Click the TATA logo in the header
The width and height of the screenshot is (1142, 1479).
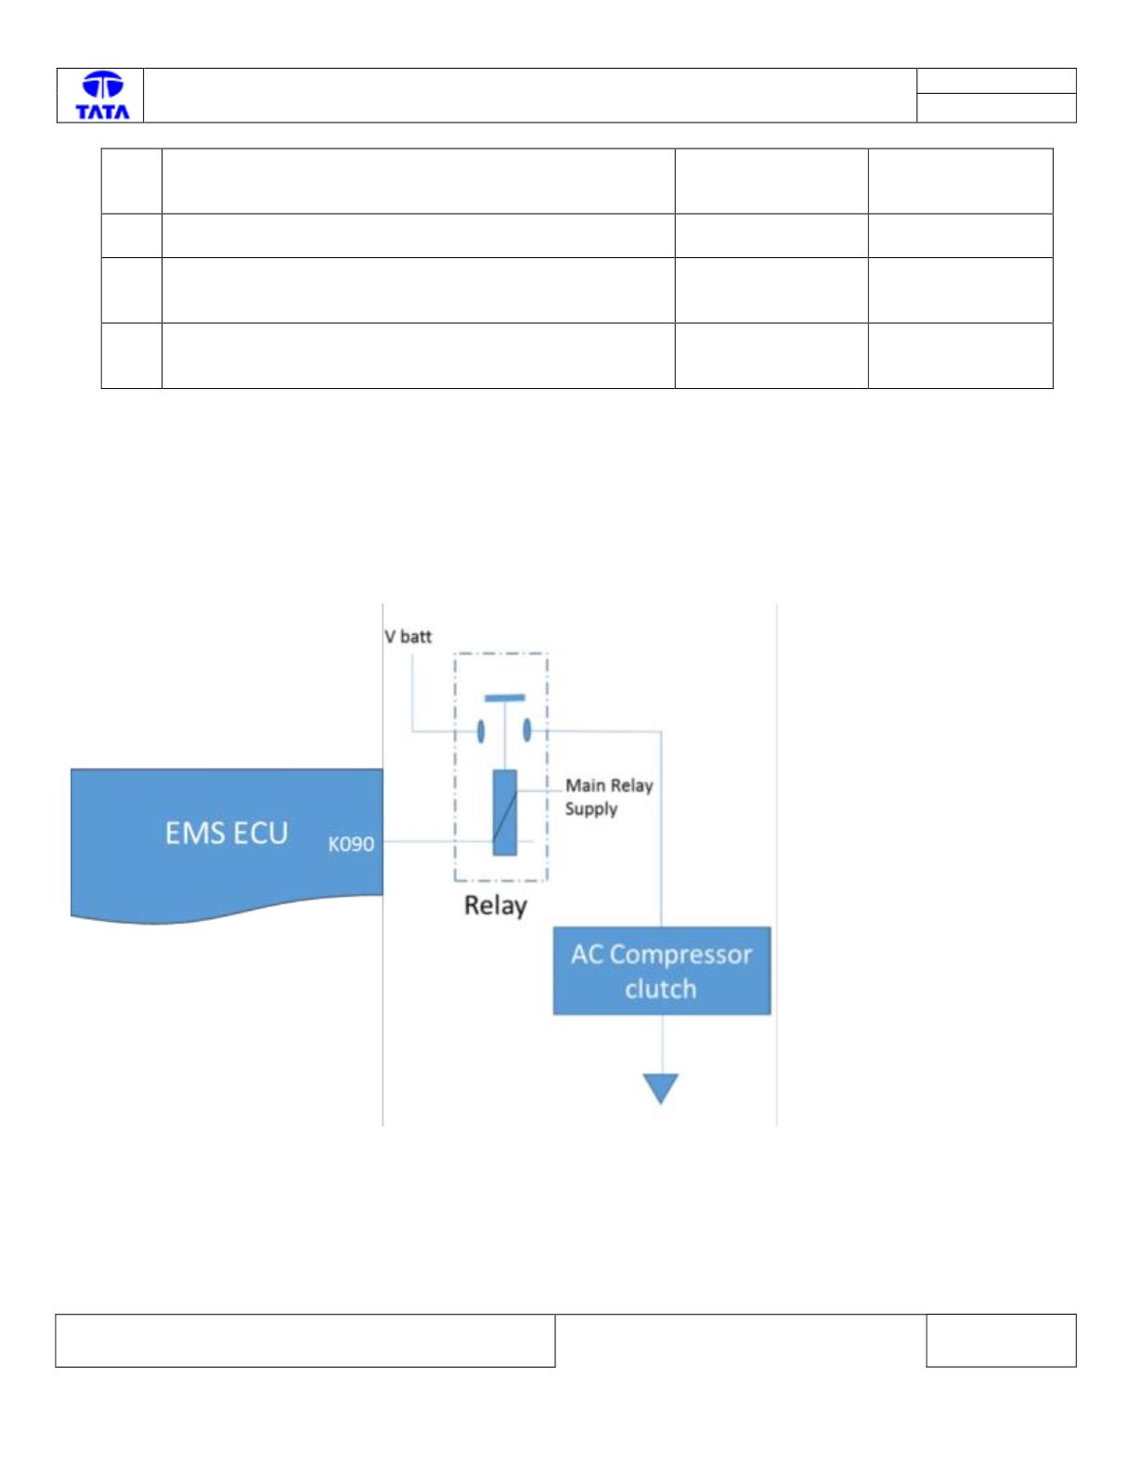click(102, 96)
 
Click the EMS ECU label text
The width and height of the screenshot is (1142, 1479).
click(227, 833)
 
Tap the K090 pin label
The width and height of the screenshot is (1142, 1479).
click(351, 844)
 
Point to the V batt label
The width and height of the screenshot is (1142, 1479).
click(408, 636)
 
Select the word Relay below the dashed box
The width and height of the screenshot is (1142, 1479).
click(496, 906)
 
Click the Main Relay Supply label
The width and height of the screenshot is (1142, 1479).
click(609, 797)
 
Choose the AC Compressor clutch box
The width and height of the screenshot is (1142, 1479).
click(661, 970)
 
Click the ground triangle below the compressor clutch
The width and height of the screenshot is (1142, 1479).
click(661, 1088)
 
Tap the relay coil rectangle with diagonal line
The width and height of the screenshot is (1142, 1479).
click(504, 812)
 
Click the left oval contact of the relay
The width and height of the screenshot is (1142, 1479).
click(481, 731)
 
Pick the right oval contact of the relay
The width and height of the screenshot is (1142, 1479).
click(526, 730)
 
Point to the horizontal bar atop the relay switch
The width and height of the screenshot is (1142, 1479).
click(504, 697)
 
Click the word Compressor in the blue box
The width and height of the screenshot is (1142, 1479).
click(681, 955)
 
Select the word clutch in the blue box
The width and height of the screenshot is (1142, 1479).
click(661, 989)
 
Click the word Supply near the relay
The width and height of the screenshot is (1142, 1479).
click(591, 810)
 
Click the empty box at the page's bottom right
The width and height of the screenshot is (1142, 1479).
click(1001, 1340)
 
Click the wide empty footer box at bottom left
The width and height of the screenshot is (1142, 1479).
click(305, 1341)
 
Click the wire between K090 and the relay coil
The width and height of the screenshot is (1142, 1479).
click(437, 842)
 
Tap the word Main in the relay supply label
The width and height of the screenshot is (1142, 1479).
click(585, 785)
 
